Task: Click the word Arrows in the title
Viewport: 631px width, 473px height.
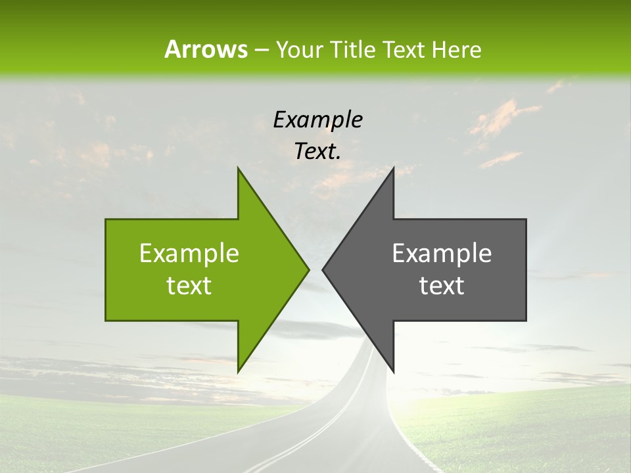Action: point(206,49)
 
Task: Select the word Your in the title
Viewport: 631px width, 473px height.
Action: point(298,49)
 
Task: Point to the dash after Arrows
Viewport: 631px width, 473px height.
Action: point(261,50)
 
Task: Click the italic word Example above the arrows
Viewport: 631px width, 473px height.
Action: point(317,120)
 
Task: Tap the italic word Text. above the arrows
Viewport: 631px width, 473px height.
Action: point(317,152)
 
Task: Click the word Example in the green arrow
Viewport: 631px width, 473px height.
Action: point(189,254)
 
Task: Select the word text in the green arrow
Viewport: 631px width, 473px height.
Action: point(189,286)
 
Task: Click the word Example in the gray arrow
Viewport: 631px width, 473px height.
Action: point(442,254)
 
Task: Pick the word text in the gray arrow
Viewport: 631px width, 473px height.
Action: point(442,286)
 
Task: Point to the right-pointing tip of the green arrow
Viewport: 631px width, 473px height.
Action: point(309,269)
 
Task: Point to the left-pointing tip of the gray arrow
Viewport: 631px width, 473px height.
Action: point(323,269)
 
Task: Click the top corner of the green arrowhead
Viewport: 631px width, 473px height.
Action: point(238,168)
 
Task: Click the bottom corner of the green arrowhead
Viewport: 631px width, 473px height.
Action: point(238,372)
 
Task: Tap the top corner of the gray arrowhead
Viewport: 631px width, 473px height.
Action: point(393,168)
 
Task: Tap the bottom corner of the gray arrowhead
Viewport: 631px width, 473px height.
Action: point(393,372)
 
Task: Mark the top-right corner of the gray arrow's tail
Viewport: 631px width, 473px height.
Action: point(526,219)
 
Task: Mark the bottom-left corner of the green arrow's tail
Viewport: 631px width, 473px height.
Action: point(106,321)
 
